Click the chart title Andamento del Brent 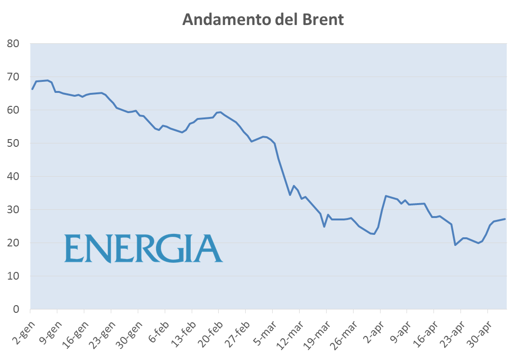[x=263, y=20]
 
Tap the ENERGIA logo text [x=144, y=248]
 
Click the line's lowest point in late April [x=455, y=245]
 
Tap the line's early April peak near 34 [x=386, y=196]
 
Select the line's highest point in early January [x=47, y=80]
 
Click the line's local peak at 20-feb [x=220, y=112]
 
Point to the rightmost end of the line [x=505, y=219]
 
